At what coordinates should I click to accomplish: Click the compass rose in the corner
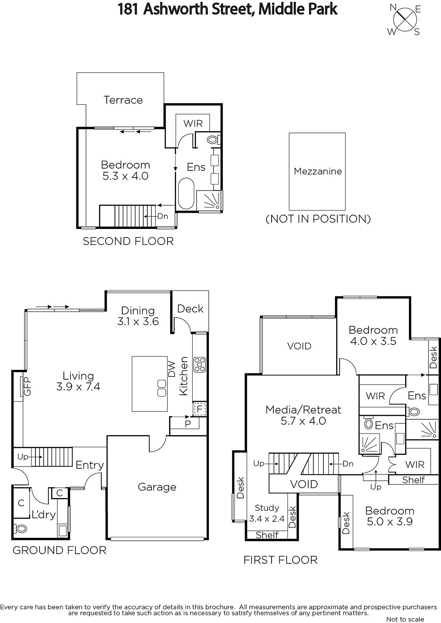(x=404, y=20)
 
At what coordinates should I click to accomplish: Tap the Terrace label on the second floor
(x=123, y=100)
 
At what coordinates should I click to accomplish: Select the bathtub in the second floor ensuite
(x=186, y=194)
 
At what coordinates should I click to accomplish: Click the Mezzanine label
(x=318, y=171)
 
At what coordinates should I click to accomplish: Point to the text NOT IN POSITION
(x=318, y=219)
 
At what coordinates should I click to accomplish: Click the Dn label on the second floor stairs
(x=163, y=216)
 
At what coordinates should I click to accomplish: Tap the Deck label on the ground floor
(x=191, y=309)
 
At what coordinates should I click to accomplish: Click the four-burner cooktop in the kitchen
(x=200, y=364)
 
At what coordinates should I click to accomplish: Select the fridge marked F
(x=199, y=409)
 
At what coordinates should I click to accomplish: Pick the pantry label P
(x=188, y=424)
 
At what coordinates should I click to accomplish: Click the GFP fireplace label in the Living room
(x=27, y=386)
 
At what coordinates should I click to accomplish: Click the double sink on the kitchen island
(x=162, y=388)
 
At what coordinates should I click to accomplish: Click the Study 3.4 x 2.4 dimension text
(x=267, y=513)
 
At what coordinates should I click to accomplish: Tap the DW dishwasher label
(x=172, y=369)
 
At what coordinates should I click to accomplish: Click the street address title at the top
(x=227, y=9)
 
